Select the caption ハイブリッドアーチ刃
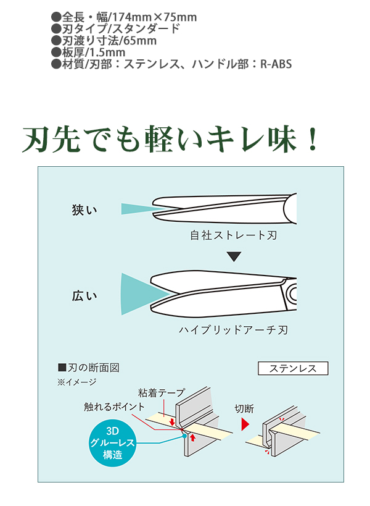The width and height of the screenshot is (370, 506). pyautogui.click(x=233, y=331)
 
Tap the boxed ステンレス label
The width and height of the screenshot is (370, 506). pyautogui.click(x=292, y=369)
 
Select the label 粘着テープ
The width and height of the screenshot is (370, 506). pyautogui.click(x=161, y=392)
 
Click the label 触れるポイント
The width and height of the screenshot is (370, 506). pyautogui.click(x=115, y=407)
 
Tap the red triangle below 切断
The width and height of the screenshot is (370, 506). pyautogui.click(x=245, y=425)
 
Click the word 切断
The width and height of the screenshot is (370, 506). pyautogui.click(x=244, y=408)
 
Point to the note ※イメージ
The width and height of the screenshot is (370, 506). pyautogui.click(x=76, y=382)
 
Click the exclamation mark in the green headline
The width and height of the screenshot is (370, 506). pyautogui.click(x=312, y=140)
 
